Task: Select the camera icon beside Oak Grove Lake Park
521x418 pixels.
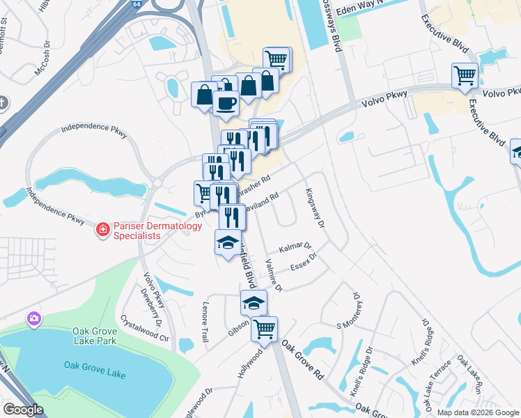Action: point(33,319)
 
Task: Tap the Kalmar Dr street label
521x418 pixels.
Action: point(295,248)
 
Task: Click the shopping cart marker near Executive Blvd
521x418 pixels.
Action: point(465,75)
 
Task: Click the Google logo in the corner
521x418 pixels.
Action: point(22,410)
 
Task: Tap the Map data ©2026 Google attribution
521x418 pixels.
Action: point(479,412)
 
